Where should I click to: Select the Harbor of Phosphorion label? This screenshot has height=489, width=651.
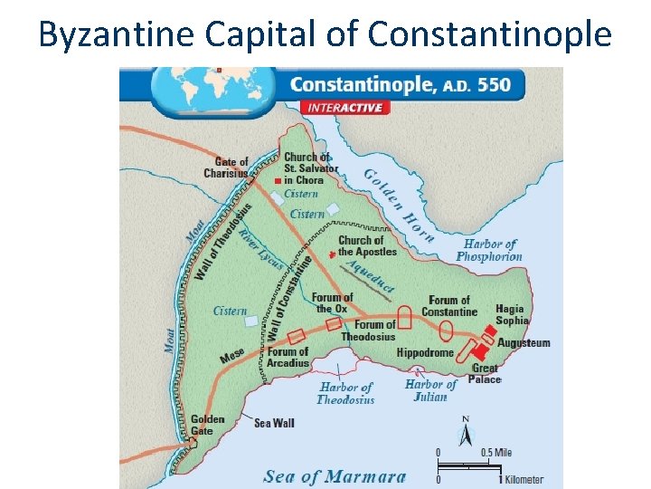[x=489, y=250]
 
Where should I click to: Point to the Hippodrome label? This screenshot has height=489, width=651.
[x=425, y=352]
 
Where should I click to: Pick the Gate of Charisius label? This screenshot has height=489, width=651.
[x=226, y=168]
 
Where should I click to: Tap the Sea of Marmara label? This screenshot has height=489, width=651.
[x=335, y=476]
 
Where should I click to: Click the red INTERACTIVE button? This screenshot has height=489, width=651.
[x=347, y=107]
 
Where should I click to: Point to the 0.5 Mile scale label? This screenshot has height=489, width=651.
[x=496, y=453]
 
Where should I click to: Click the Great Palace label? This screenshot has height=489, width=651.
[x=485, y=373]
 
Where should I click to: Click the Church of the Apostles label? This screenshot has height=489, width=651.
[x=367, y=245]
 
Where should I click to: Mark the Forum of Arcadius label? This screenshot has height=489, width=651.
[x=288, y=357]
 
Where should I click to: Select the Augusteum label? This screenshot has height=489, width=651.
[x=524, y=343]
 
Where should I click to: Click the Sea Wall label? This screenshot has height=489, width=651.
[x=274, y=423]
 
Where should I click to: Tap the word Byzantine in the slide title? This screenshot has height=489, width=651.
[x=117, y=34]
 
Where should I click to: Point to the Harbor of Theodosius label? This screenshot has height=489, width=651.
[x=345, y=393]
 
